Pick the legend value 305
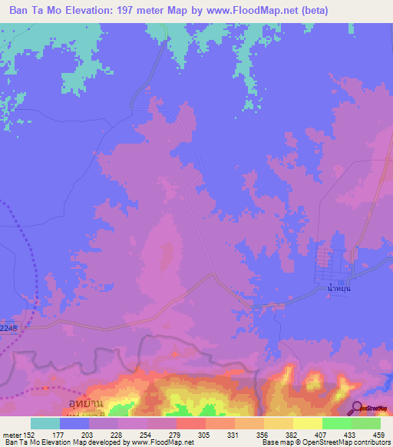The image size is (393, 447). [x=205, y=434]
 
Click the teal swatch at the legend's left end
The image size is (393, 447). [x=45, y=423]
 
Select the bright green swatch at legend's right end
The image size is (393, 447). [x=365, y=423]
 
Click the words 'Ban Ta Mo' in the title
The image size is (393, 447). [x=35, y=11]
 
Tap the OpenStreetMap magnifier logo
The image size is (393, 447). [x=358, y=407]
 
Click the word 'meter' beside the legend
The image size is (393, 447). [x=11, y=434]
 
